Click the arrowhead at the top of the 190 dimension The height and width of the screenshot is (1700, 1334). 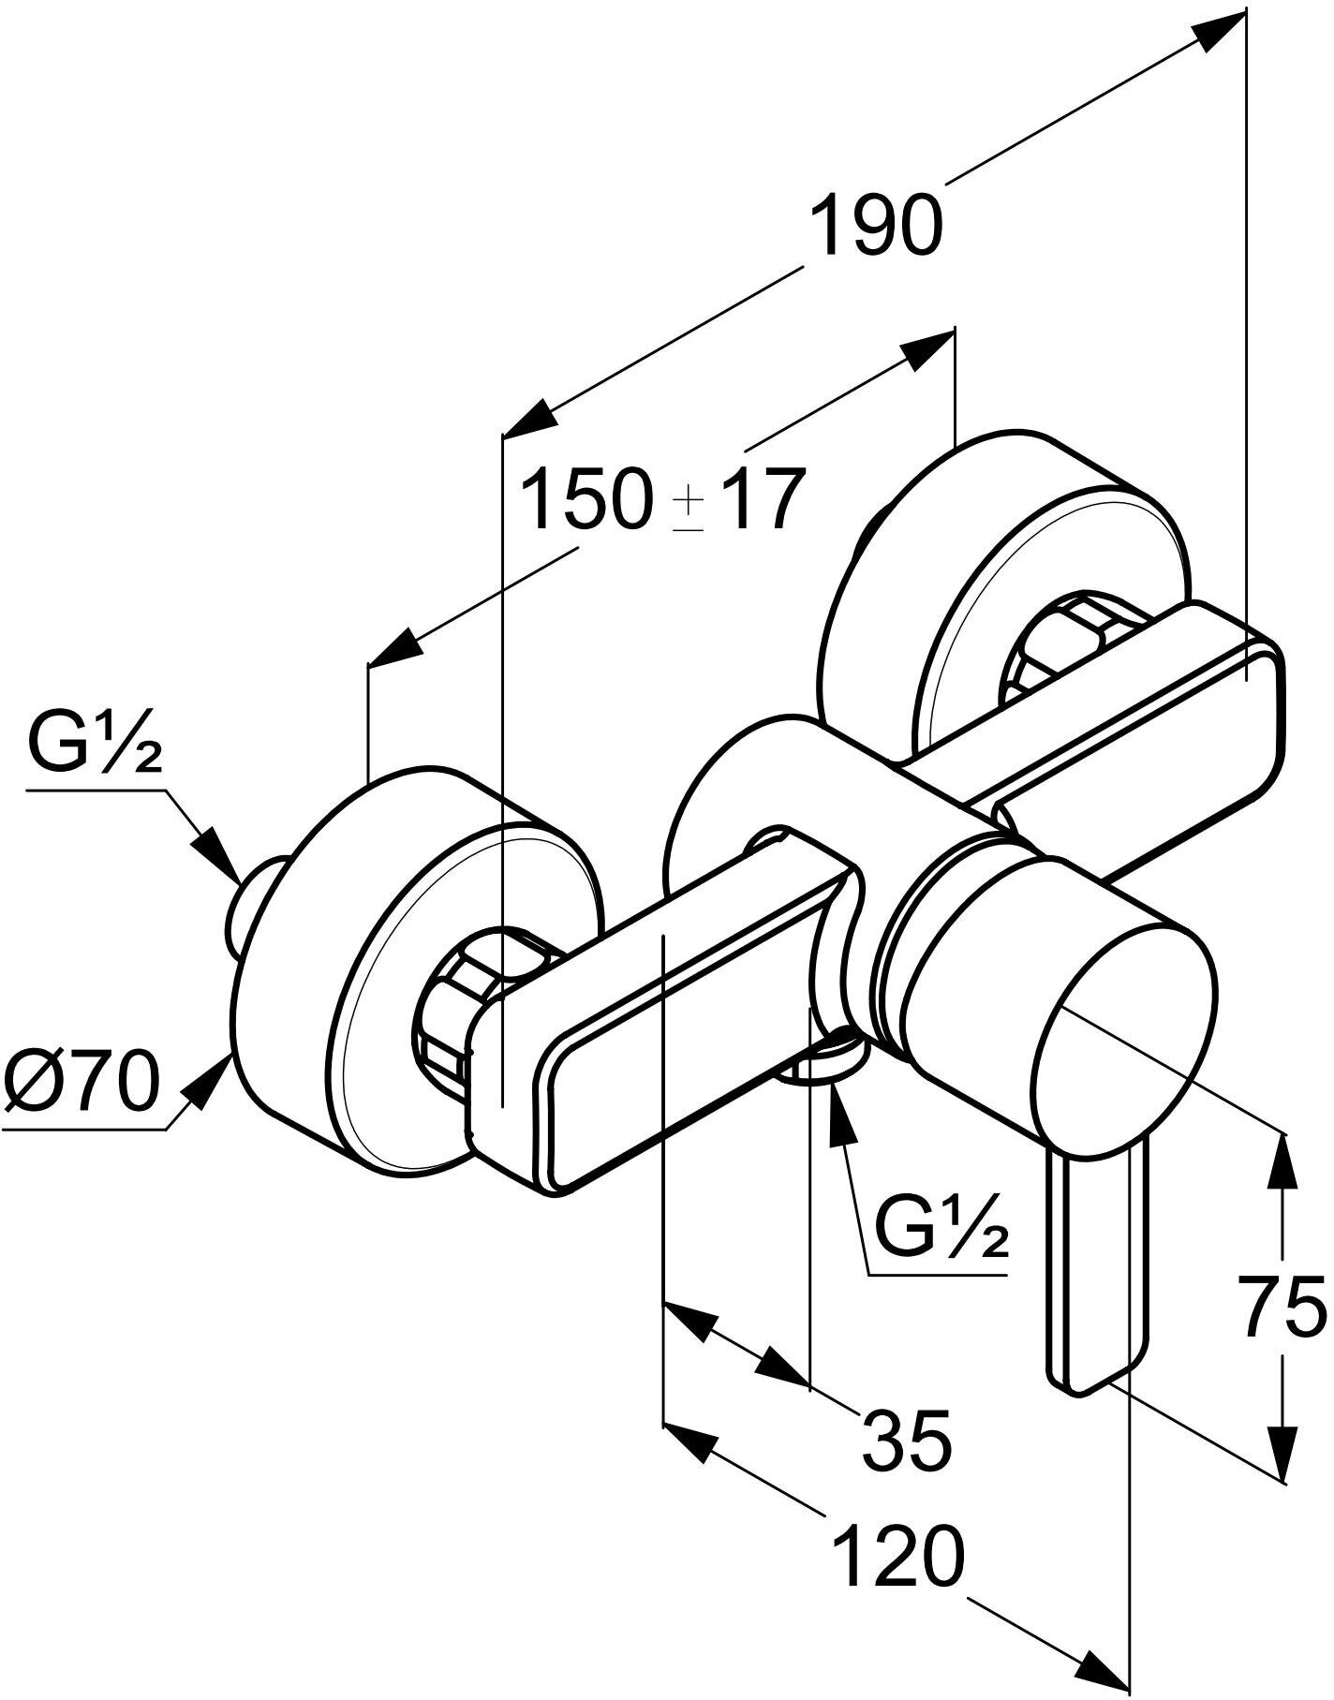point(1223,30)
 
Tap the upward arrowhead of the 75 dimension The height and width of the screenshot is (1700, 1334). point(1284,1161)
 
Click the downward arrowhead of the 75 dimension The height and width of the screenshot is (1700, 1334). point(1284,1452)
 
